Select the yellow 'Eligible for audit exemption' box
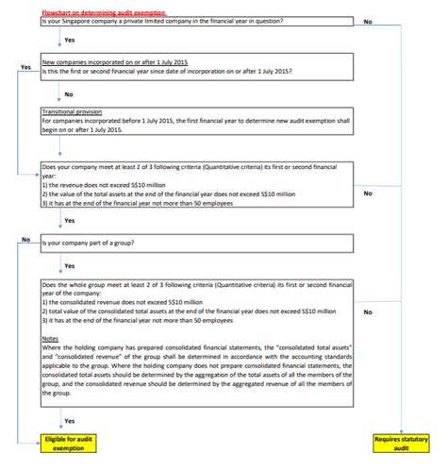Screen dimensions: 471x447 [x=69, y=444]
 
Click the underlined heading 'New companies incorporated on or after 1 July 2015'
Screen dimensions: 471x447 [x=115, y=61]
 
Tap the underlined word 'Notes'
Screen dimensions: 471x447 [x=51, y=338]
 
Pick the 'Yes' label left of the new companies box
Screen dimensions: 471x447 [x=25, y=67]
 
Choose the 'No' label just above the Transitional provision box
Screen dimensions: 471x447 [x=69, y=93]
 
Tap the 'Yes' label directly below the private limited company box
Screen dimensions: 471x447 [x=69, y=42]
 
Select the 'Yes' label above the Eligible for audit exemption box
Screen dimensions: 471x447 [x=69, y=419]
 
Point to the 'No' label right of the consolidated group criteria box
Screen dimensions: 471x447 [x=367, y=311]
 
